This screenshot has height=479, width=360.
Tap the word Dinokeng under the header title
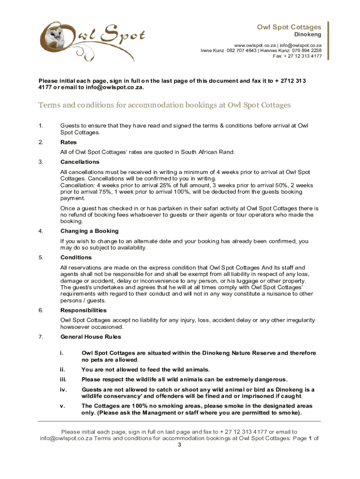(x=307, y=35)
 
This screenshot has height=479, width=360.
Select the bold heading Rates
(x=69, y=142)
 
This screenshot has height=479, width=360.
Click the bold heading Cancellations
(x=80, y=162)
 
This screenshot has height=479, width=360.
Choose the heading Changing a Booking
(x=89, y=231)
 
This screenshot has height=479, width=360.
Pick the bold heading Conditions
(x=76, y=258)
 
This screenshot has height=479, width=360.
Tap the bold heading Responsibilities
(x=84, y=311)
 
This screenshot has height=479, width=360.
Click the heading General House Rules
(x=91, y=337)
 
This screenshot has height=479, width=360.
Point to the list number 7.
(x=41, y=337)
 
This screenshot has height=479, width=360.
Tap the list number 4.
(x=41, y=231)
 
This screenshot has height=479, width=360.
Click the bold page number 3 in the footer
(x=180, y=445)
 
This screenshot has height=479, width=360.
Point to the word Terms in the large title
(x=50, y=105)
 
